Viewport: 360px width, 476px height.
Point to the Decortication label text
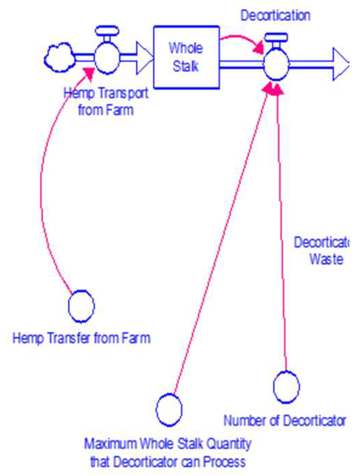coord(275,16)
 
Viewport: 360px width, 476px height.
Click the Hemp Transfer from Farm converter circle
coord(82,306)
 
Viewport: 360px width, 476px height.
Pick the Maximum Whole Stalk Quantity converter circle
coord(169,410)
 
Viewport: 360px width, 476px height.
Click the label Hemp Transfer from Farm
coord(82,338)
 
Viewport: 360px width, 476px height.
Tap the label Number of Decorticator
coord(285,421)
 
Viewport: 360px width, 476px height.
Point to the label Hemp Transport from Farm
coord(106,101)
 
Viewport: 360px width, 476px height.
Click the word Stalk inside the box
coord(186,66)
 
